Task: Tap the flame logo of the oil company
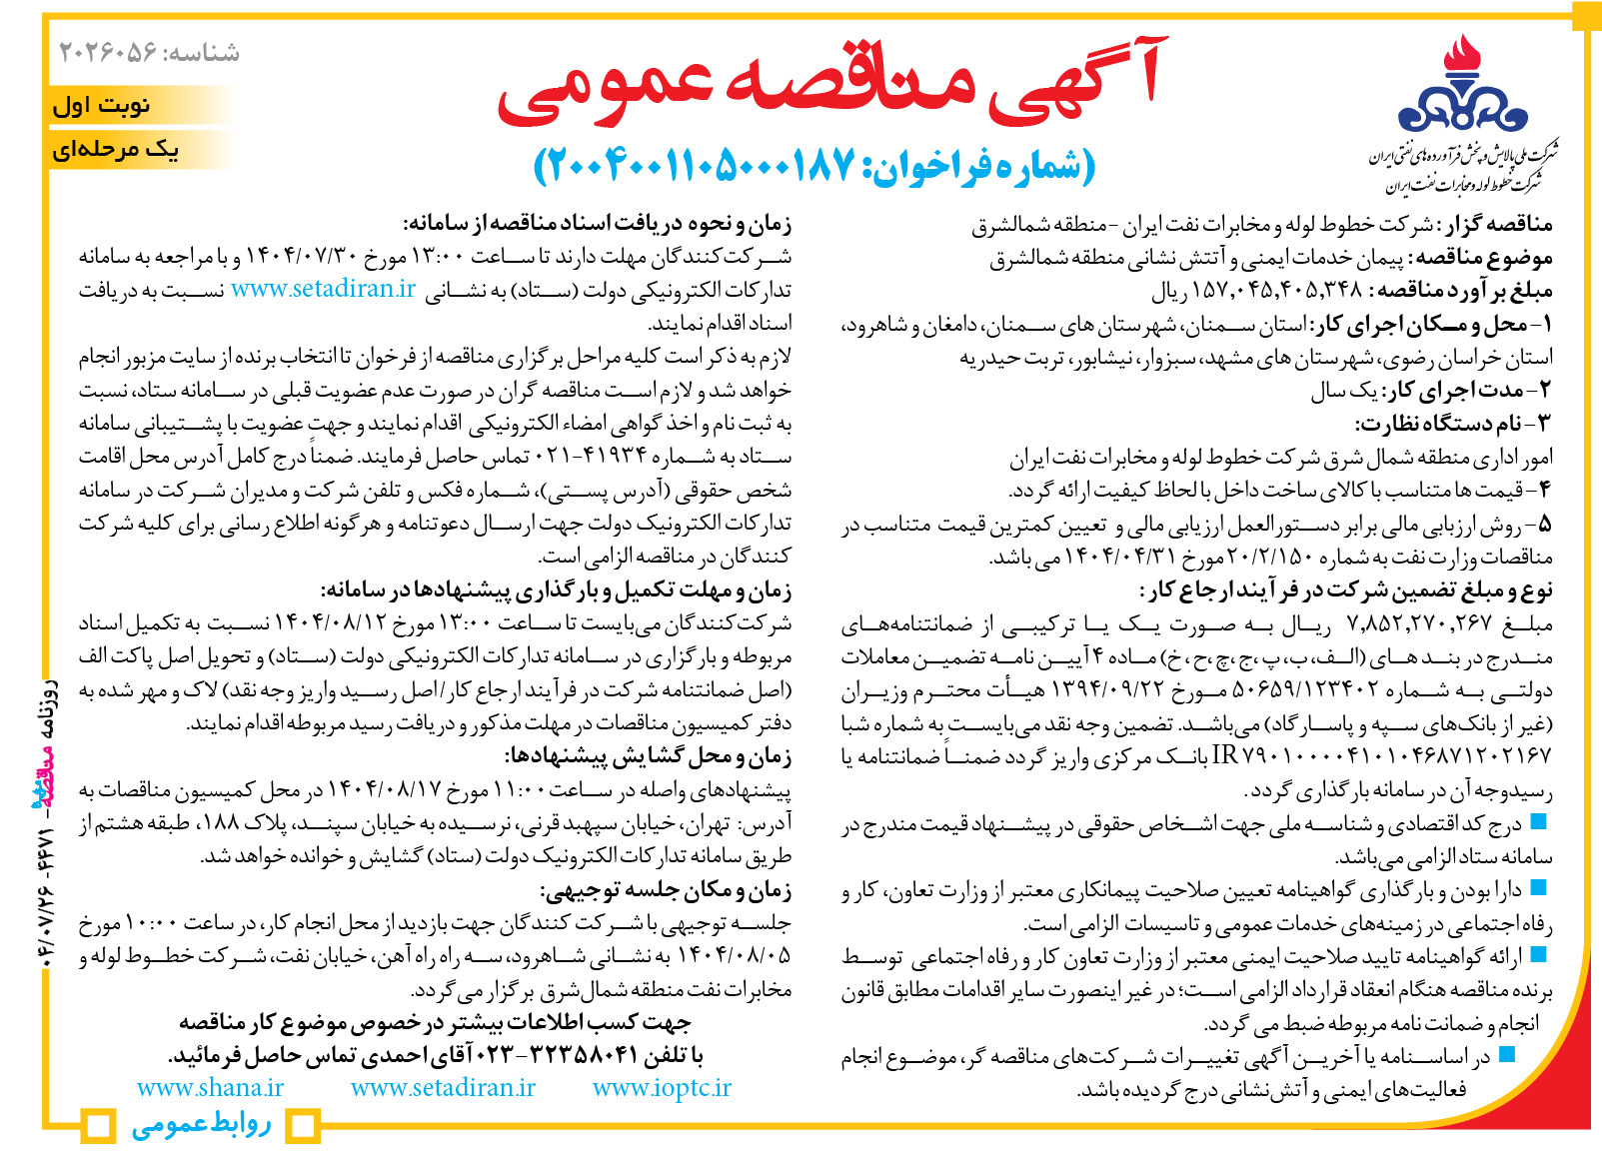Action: pyautogui.click(x=1462, y=85)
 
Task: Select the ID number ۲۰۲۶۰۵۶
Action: pyautogui.click(x=108, y=52)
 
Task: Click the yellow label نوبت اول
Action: pyautogui.click(x=102, y=105)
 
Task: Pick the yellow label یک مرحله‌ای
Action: pyautogui.click(x=116, y=150)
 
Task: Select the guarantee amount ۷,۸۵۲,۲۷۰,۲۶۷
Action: pyautogui.click(x=1419, y=624)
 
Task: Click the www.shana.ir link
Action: pyautogui.click(x=210, y=1088)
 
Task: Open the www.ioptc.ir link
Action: pyautogui.click(x=662, y=1088)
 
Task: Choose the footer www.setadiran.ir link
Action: pyautogui.click(x=443, y=1088)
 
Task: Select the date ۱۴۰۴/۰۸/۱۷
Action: pyautogui.click(x=385, y=791)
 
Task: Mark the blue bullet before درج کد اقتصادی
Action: pyautogui.click(x=1538, y=822)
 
